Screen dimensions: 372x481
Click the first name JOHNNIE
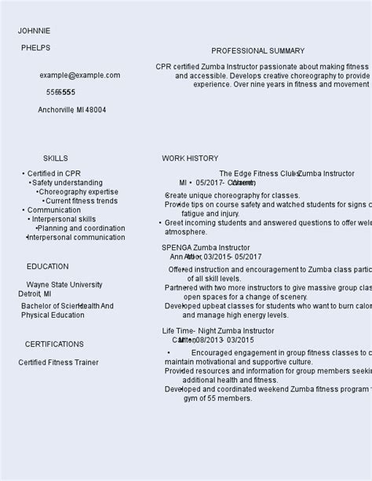coord(35,31)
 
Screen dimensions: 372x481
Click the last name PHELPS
coord(35,48)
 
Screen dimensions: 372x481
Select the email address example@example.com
coord(80,75)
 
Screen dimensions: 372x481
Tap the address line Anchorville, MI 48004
coord(72,110)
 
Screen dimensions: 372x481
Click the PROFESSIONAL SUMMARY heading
coord(257,51)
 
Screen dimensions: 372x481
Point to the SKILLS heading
coord(55,159)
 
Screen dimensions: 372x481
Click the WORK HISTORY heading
coord(190,159)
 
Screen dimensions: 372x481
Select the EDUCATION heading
coord(47,267)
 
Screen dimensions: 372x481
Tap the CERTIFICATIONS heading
coord(54,344)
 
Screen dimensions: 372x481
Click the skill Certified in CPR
coord(54,174)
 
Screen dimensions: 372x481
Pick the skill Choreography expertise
coord(78,191)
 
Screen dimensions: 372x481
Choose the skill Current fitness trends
coord(82,201)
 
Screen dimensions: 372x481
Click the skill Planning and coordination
coord(82,228)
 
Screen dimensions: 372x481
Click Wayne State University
coord(64,285)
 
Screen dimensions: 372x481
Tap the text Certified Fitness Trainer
coord(59,363)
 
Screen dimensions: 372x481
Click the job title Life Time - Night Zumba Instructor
coord(218,331)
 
